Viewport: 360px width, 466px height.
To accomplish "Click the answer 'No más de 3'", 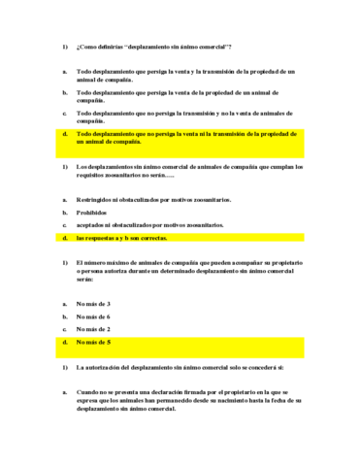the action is (94, 303).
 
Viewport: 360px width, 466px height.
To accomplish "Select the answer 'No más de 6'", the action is (94, 316).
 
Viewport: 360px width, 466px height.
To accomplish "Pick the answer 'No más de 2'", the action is (94, 329).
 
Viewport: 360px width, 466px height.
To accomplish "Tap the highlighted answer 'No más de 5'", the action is (94, 343).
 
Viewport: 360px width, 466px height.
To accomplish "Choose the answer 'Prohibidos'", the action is (92, 212).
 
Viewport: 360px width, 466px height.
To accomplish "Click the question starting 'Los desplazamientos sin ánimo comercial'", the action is (184, 172).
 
